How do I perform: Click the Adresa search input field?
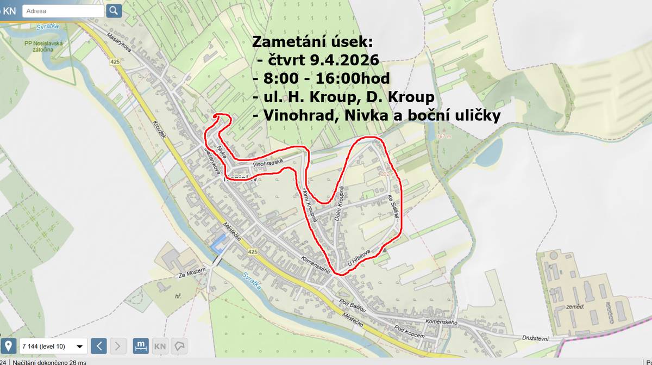(x=63, y=11)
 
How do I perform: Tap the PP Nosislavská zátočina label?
(x=44, y=47)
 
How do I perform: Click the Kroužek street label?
(x=159, y=129)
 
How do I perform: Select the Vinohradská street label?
(x=268, y=163)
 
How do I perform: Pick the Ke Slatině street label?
(x=393, y=206)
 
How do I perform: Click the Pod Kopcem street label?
(x=410, y=332)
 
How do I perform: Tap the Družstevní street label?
(x=535, y=338)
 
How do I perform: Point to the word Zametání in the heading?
(x=285, y=42)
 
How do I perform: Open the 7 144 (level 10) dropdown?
(x=53, y=346)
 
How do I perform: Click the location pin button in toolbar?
(x=8, y=346)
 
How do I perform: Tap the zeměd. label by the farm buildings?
(x=575, y=307)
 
